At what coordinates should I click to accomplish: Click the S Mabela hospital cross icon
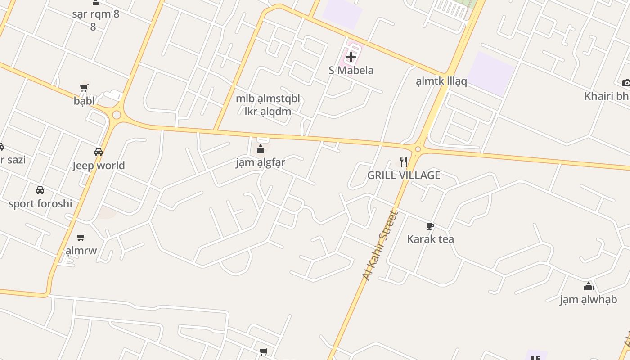tap(351, 57)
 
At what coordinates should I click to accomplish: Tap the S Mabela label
tap(351, 70)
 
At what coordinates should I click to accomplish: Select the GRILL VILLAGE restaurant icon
tap(404, 162)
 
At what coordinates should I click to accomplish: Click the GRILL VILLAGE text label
tap(404, 175)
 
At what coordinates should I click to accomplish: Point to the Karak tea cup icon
tap(430, 226)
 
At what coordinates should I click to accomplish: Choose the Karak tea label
tap(430, 239)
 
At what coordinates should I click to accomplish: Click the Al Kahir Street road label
tap(381, 246)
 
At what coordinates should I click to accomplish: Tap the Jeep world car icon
tap(99, 152)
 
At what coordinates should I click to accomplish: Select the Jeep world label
tap(99, 166)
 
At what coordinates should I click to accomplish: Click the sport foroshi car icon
tap(40, 190)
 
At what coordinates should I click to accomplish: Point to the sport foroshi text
tap(40, 203)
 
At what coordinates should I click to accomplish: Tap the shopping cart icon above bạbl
tap(84, 88)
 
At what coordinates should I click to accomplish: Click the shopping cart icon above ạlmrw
tap(81, 237)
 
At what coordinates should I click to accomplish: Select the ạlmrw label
tap(81, 250)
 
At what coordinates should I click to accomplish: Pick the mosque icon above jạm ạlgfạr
tap(261, 149)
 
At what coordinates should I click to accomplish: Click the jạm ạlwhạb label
tap(588, 299)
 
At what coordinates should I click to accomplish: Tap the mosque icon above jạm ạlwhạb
tap(588, 286)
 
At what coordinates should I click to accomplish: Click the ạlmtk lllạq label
tap(441, 81)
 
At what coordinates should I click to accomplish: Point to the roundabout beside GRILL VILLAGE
tap(418, 149)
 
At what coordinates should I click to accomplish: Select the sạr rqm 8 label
tap(96, 14)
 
